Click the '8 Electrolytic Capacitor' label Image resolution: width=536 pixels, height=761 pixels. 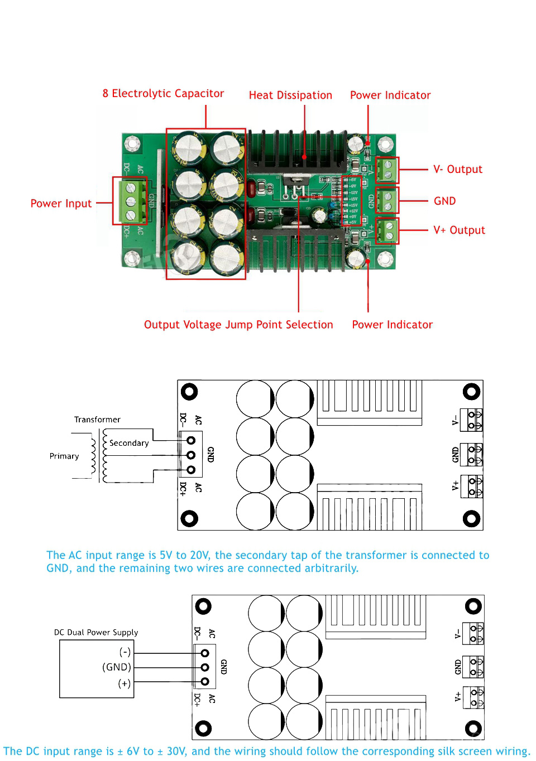click(163, 94)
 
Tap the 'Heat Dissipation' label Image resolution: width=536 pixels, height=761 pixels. click(290, 95)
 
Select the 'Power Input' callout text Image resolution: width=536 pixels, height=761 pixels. click(61, 204)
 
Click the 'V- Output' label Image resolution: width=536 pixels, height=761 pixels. click(458, 170)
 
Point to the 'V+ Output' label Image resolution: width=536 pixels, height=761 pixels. click(459, 230)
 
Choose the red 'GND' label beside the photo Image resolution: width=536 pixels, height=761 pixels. click(444, 201)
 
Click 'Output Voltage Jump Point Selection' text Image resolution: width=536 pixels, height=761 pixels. click(238, 325)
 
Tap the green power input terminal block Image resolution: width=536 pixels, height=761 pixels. click(130, 201)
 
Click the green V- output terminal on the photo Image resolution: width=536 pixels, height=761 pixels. click(387, 171)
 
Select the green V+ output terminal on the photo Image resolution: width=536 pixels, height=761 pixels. click(387, 231)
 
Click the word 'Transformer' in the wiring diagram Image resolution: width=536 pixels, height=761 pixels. click(97, 420)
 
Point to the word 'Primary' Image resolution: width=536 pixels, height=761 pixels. click(64, 456)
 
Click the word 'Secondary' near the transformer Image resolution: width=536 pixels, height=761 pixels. click(129, 443)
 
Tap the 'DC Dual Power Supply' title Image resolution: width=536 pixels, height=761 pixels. click(96, 633)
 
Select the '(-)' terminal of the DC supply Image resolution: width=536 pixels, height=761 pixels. click(125, 652)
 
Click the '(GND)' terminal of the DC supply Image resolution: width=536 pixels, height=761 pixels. click(117, 667)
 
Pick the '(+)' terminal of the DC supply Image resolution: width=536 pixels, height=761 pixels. click(125, 683)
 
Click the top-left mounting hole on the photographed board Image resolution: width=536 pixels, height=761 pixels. click(132, 143)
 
